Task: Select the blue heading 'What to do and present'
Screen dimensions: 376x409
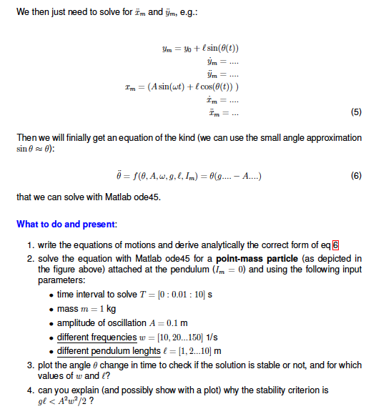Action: point(66,224)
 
